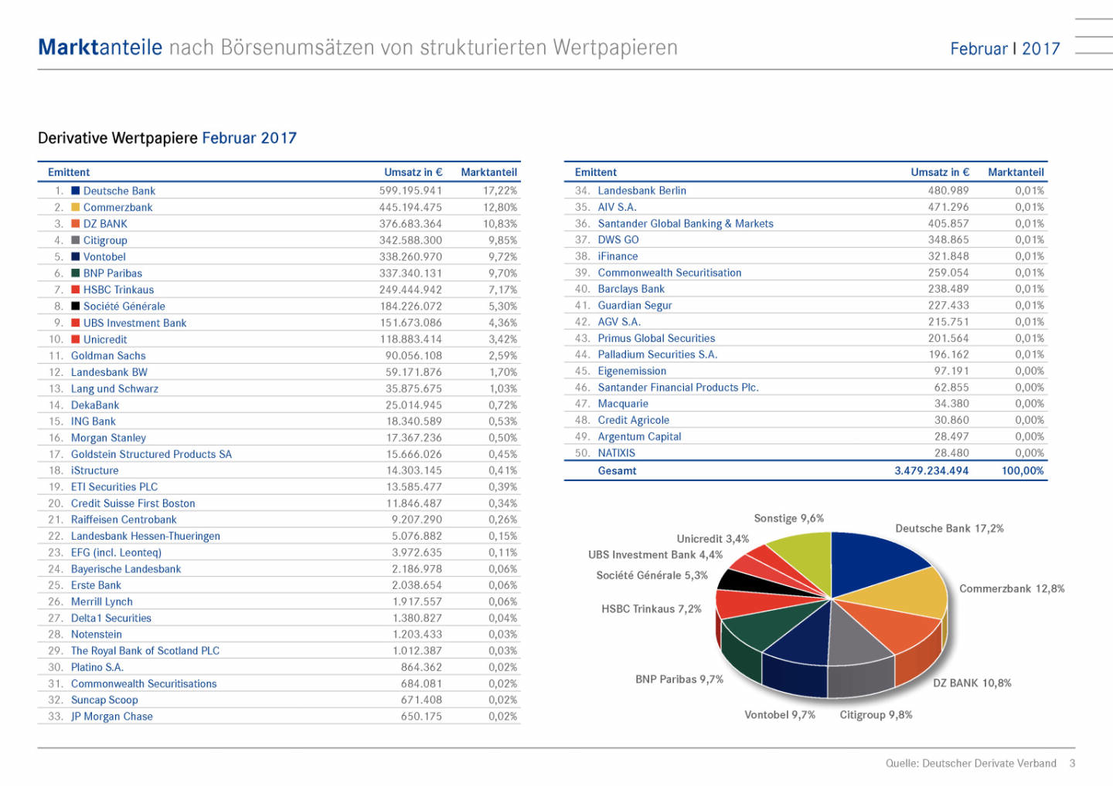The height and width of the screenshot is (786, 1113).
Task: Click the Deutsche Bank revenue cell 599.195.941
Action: [410, 191]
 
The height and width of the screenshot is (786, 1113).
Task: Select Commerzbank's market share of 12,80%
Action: [500, 207]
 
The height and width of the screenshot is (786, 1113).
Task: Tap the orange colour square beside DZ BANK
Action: [76, 223]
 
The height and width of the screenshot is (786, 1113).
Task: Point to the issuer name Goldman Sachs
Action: [108, 355]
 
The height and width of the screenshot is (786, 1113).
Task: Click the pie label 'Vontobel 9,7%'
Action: [779, 715]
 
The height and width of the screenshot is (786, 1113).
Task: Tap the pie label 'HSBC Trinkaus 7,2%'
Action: [651, 609]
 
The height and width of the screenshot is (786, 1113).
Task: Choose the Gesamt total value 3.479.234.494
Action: [931, 470]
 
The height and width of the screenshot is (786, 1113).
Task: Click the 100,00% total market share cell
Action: [1022, 470]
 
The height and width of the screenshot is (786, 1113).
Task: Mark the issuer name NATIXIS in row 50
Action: [616, 453]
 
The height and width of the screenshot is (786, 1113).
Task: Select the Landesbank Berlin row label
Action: [642, 191]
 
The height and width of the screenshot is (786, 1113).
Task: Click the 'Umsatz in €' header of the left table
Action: [413, 172]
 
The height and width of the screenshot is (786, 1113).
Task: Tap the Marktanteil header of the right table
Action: [1016, 172]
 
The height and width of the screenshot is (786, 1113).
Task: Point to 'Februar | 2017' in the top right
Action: [1005, 49]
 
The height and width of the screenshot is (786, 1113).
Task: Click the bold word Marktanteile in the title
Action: [100, 48]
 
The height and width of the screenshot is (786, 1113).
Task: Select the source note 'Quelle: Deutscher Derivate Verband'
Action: [971, 763]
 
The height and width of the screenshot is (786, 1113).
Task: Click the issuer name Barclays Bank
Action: [631, 289]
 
